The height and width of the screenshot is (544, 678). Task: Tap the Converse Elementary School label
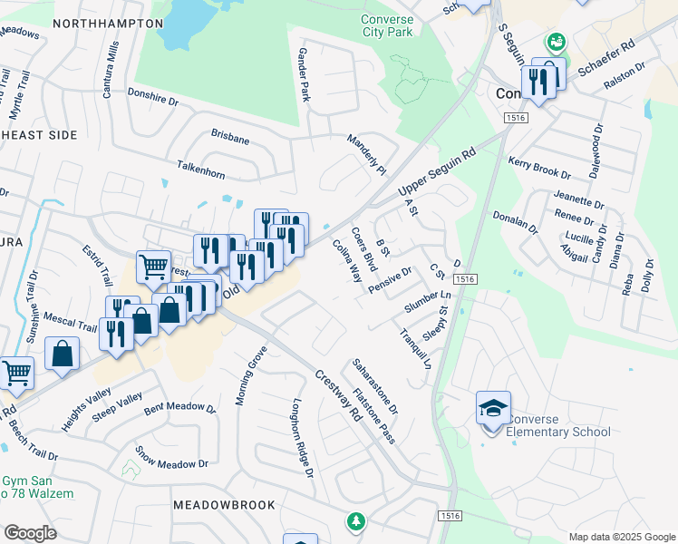tap(558, 425)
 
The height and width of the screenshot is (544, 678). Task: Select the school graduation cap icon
tap(494, 409)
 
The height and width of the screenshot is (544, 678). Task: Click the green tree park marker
tap(356, 521)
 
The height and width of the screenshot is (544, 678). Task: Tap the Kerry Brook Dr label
tap(539, 168)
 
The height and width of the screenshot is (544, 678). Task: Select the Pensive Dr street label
tap(392, 280)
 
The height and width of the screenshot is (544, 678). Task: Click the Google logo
tap(30, 532)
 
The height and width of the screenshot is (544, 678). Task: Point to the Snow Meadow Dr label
tap(171, 459)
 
